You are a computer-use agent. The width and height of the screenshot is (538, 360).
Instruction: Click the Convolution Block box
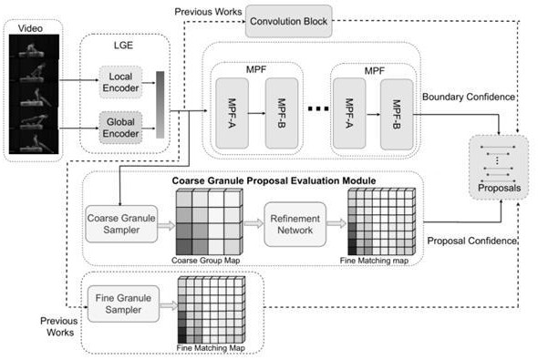coord(288,21)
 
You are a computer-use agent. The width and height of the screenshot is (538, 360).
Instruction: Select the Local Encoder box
coord(120,82)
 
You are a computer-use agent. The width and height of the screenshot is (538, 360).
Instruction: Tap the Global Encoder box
coord(120,128)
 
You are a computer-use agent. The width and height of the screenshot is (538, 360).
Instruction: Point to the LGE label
coord(123,46)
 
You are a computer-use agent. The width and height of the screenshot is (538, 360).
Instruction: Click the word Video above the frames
coord(30,28)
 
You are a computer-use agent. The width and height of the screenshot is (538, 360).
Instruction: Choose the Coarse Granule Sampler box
coord(121,224)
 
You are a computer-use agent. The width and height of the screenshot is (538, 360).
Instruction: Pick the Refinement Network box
coord(295,224)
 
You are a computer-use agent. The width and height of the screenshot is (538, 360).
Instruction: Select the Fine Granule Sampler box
coord(123,303)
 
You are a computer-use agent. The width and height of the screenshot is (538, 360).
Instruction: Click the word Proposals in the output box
coord(499,188)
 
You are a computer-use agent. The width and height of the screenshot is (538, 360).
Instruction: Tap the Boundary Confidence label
coord(469,97)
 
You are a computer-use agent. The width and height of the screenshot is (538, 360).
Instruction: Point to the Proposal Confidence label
coord(471,241)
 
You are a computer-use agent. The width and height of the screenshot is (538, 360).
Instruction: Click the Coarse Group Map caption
coord(205,261)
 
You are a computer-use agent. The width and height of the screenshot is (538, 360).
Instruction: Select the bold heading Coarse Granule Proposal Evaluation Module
coord(274,180)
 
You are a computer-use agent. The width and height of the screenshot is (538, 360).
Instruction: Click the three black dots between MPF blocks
coord(318,109)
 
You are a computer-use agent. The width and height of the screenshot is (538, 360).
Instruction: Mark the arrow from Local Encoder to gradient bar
coord(149,83)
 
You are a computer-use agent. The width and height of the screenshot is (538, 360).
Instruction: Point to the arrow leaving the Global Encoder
coord(149,129)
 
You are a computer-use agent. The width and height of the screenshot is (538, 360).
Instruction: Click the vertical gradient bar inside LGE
coord(160,105)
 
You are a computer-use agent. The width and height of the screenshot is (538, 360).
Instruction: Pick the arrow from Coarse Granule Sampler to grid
coord(167,226)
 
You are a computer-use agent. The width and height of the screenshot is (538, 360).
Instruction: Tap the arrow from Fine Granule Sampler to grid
coord(169,305)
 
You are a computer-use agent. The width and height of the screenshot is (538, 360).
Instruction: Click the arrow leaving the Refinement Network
coord(336,223)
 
